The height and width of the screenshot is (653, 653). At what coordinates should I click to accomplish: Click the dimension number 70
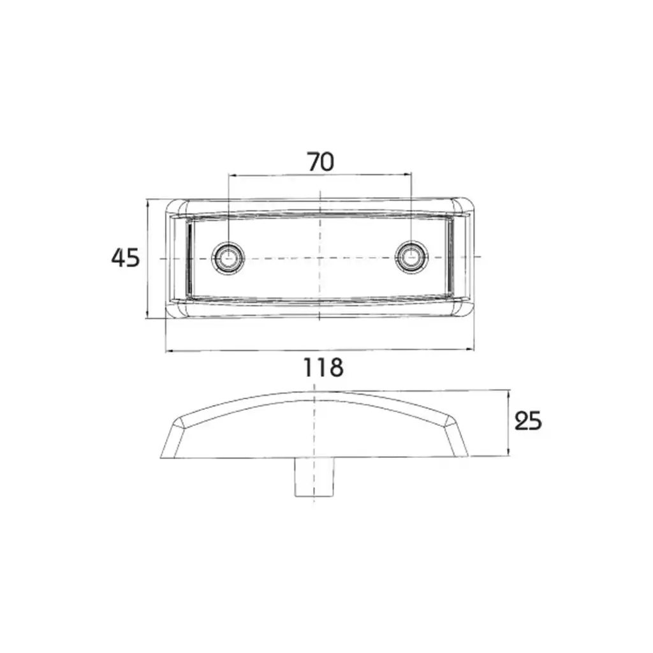321,162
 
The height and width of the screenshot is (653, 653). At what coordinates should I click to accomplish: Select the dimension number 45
126,258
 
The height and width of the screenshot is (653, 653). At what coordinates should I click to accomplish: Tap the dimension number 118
323,367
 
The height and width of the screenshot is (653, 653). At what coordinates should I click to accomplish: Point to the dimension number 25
528,421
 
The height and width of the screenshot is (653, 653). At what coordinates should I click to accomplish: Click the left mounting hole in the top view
228,258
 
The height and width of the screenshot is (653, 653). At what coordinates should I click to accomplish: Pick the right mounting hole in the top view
411,256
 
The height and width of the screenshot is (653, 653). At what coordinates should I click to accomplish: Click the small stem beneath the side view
314,477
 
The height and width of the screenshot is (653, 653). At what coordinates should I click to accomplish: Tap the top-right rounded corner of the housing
463,206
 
